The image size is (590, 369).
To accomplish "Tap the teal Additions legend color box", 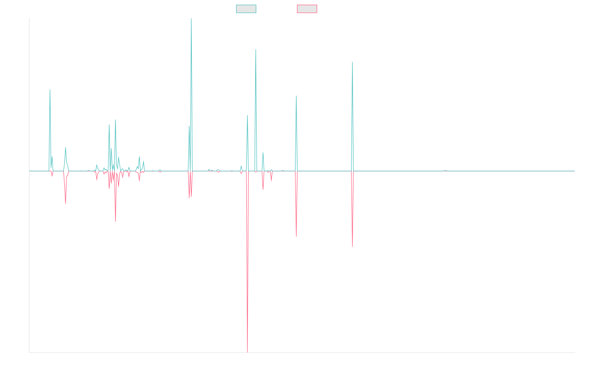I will click(246, 9).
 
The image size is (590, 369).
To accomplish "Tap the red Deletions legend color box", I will click(307, 9).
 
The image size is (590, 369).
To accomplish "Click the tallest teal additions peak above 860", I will click(191, 19).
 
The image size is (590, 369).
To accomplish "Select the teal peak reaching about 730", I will click(256, 50).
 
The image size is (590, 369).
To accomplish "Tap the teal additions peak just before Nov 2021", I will click(353, 62).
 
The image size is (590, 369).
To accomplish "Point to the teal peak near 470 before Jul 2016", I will click(50, 90).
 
